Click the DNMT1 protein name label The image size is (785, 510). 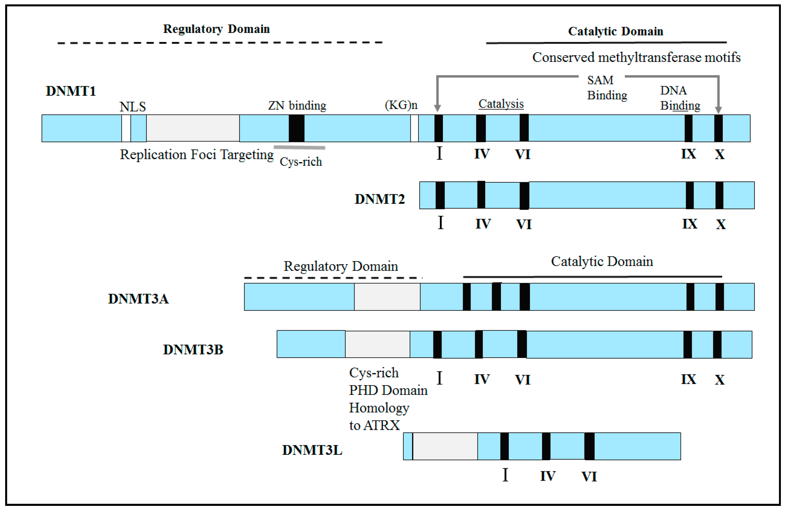(x=71, y=91)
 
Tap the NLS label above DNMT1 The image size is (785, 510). (x=133, y=107)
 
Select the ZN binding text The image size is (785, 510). (x=297, y=106)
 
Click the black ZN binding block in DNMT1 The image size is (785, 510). (x=296, y=128)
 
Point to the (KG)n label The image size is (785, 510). (x=401, y=105)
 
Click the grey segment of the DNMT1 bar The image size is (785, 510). (x=193, y=128)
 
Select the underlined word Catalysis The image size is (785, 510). (x=501, y=104)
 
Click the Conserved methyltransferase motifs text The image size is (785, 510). (x=636, y=58)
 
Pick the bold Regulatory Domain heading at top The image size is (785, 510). (x=216, y=29)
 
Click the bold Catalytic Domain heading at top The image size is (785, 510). (x=615, y=31)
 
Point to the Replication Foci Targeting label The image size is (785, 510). (x=197, y=154)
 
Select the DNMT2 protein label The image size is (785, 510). (x=379, y=199)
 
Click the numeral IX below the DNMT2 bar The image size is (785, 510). (x=689, y=224)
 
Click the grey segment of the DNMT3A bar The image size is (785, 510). (x=387, y=297)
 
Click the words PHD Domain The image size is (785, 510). (x=388, y=391)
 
